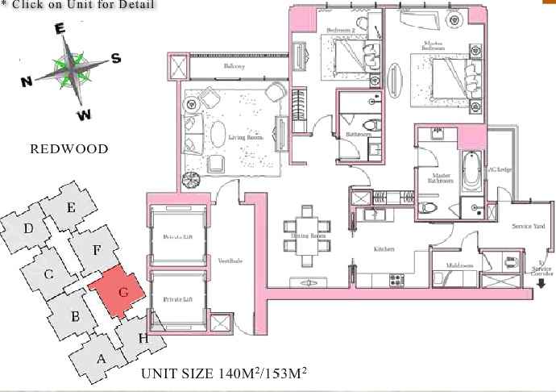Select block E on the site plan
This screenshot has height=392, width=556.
tap(71, 208)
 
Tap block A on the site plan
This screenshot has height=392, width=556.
tap(102, 358)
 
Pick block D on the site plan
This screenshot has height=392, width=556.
tap(28, 229)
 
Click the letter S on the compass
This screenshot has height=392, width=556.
tap(115, 58)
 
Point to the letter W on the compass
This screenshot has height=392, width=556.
tap(84, 115)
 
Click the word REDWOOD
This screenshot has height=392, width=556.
tap(68, 148)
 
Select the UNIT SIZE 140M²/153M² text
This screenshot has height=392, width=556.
tap(224, 373)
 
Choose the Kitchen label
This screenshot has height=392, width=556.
tap(384, 251)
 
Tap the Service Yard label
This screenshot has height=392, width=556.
tap(528, 227)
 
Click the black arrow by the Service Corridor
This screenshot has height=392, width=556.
tap(540, 283)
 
